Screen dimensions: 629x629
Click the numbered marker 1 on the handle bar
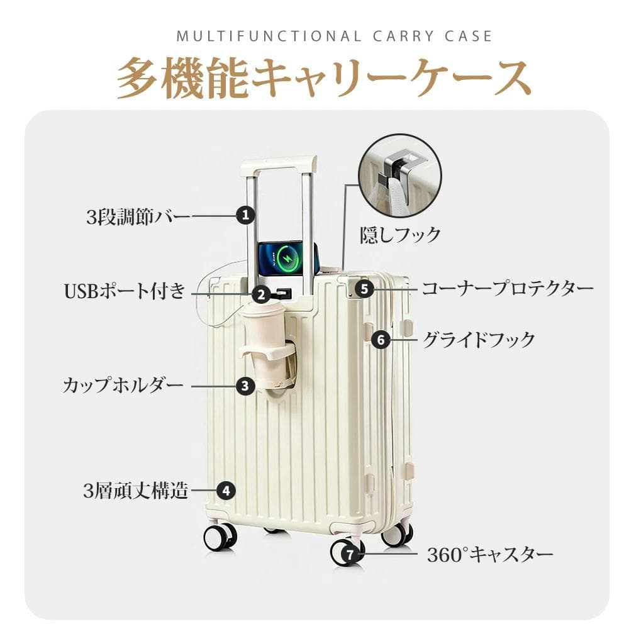coord(245,215)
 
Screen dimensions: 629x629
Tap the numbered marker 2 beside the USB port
coord(262,295)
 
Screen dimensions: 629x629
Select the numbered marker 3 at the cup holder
coord(245,386)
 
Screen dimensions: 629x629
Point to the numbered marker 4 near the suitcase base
coord(226,491)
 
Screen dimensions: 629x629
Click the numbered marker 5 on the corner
coord(364,289)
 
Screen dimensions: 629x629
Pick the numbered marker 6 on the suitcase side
coord(381,340)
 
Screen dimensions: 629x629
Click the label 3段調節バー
coord(138,217)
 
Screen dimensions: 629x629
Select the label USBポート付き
coord(125,291)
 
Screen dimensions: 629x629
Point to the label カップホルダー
coord(123,386)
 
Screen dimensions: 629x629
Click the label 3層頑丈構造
coord(136,491)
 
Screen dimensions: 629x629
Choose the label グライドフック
coord(479,340)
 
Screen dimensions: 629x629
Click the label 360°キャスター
coord(490,555)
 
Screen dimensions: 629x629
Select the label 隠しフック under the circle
coord(400,235)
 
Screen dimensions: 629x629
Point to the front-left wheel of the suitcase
coord(220,536)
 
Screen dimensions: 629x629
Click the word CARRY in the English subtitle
coord(403,36)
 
